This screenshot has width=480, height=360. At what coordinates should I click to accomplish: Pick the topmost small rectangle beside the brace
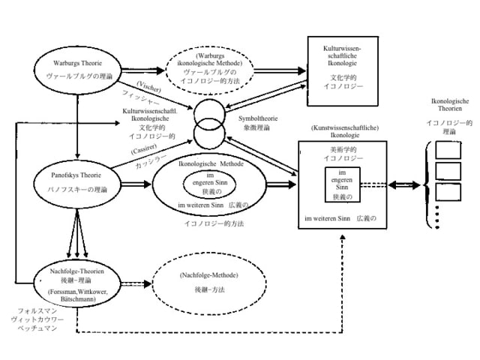(448, 149)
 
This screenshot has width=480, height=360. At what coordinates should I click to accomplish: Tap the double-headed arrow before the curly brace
(407, 184)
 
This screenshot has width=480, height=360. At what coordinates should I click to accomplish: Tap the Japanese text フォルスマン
(37, 310)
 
